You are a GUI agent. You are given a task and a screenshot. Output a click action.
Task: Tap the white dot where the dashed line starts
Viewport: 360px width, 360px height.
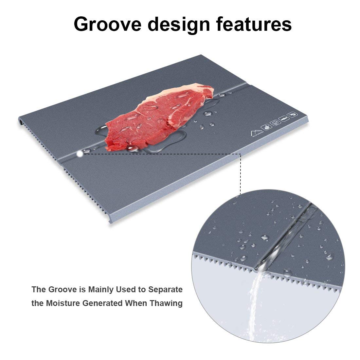click(80, 153)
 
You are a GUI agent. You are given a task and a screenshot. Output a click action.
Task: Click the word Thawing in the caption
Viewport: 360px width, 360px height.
click(166, 303)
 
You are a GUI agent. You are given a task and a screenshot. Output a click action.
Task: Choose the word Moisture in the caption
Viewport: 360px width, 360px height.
click(62, 303)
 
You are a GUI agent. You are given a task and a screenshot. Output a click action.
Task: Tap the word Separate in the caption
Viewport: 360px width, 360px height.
click(165, 290)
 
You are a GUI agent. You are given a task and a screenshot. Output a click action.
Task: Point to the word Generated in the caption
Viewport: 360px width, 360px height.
click(103, 303)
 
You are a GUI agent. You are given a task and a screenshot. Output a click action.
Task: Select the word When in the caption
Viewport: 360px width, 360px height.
click(136, 303)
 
